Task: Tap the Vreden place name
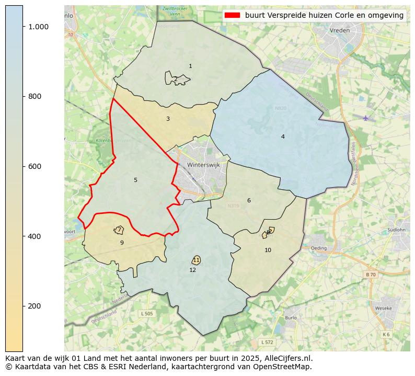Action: pyautogui.click(x=340, y=31)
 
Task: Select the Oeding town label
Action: pyautogui.click(x=318, y=248)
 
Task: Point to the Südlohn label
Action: pyautogui.click(x=396, y=230)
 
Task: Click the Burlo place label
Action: pyautogui.click(x=291, y=317)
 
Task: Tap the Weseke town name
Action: pyautogui.click(x=384, y=308)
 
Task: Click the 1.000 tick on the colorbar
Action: pyautogui.click(x=38, y=27)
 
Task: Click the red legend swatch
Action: pyautogui.click(x=232, y=15)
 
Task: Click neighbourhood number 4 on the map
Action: pyautogui.click(x=283, y=136)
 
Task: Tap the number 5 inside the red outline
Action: pyautogui.click(x=135, y=180)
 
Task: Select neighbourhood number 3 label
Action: pyautogui.click(x=168, y=119)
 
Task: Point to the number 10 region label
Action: pyautogui.click(x=268, y=250)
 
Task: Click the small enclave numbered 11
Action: pyautogui.click(x=196, y=260)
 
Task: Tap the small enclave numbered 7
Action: pyautogui.click(x=119, y=230)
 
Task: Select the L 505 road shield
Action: pyautogui.click(x=147, y=313)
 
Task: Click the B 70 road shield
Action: pyautogui.click(x=370, y=275)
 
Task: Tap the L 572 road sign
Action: pyautogui.click(x=267, y=342)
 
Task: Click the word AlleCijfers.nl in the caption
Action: pyautogui.click(x=286, y=359)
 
